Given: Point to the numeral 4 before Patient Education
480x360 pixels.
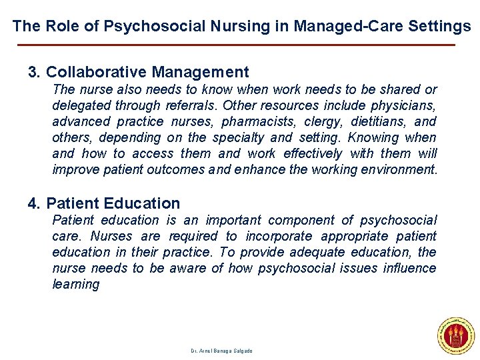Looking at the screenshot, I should click(33, 203).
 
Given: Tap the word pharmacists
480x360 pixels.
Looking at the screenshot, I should click(256, 121).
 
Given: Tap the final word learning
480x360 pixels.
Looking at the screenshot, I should click(75, 284).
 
